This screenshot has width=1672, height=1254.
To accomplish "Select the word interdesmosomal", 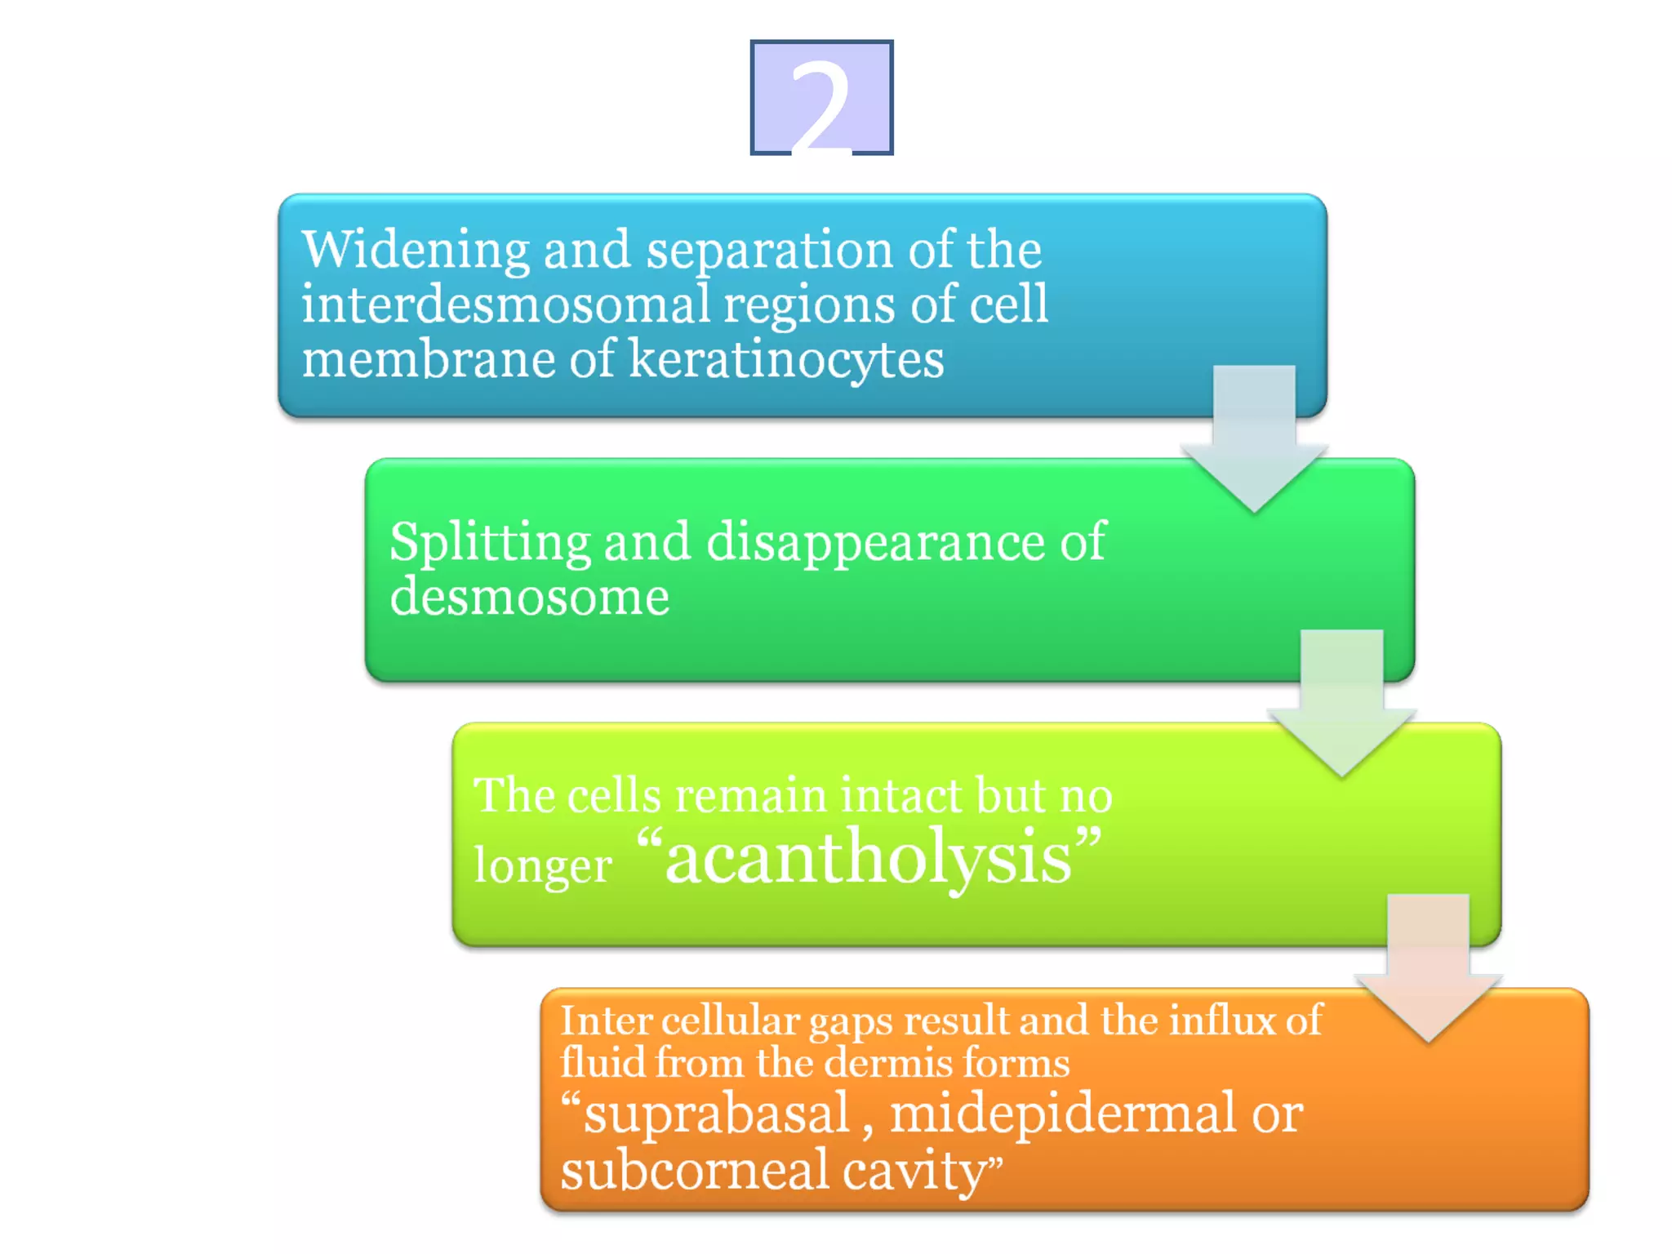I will tap(506, 304).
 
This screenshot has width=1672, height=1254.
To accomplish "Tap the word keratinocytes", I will tap(786, 360).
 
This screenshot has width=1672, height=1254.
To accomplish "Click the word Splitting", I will tap(489, 542).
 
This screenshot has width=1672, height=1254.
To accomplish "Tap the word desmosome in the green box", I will tap(529, 597).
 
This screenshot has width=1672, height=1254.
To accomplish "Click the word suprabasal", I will tap(716, 1115).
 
